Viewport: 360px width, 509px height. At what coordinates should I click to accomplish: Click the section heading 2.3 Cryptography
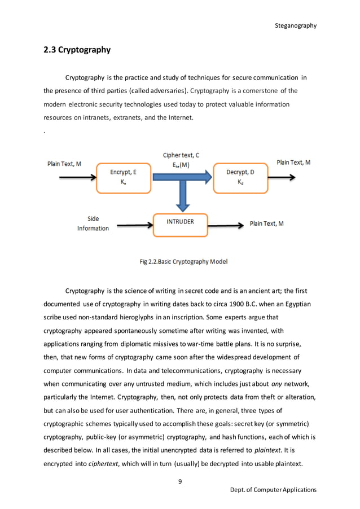77,50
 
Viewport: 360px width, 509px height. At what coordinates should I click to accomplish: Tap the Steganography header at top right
295,25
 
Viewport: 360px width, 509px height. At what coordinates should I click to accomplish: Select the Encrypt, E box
122,177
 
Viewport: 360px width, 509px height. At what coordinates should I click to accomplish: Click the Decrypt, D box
240,177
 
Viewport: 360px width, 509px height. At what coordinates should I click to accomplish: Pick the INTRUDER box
180,222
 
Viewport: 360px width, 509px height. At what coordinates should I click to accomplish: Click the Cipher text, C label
181,155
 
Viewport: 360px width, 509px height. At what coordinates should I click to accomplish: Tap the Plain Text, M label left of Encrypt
64,164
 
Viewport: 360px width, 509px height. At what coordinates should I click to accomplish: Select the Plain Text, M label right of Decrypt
293,163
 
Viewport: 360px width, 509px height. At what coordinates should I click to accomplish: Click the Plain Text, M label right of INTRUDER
266,223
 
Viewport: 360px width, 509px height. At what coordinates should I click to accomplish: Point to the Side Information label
93,223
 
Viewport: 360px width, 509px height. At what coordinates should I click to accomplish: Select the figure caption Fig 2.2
183,261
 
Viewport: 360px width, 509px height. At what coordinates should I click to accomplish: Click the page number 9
179,481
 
